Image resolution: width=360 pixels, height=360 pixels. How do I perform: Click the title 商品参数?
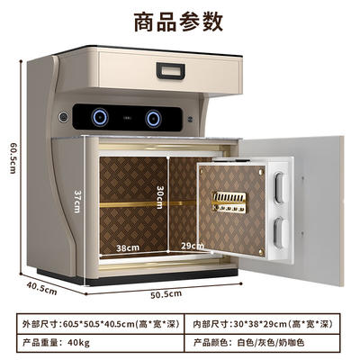178,22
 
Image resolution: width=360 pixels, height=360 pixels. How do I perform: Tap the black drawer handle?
170,71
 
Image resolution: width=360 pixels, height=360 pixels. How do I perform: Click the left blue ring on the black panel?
100,117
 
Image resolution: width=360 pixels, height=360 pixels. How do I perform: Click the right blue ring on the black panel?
153,119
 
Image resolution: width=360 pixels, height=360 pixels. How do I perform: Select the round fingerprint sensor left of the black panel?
63,117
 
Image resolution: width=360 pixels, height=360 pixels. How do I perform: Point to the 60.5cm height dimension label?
13,157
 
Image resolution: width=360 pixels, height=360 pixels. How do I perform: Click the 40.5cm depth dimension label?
41,288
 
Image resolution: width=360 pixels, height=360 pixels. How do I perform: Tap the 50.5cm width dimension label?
166,294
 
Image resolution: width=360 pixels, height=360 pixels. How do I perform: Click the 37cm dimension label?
77,202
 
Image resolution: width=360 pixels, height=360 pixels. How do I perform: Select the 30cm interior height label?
159,197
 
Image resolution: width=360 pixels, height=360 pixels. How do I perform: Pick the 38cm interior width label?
128,248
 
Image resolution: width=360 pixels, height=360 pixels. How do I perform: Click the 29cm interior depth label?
193,246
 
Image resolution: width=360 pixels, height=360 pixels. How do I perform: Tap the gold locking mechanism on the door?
229,202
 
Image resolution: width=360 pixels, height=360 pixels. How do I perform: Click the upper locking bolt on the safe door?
279,188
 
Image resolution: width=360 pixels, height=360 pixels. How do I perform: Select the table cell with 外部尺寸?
101,324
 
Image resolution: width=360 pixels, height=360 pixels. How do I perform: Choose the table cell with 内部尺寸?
263,324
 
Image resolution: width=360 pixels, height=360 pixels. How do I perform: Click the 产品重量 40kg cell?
101,343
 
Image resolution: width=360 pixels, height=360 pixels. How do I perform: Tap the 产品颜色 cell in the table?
263,343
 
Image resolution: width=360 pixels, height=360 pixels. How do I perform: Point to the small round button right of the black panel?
190,119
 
